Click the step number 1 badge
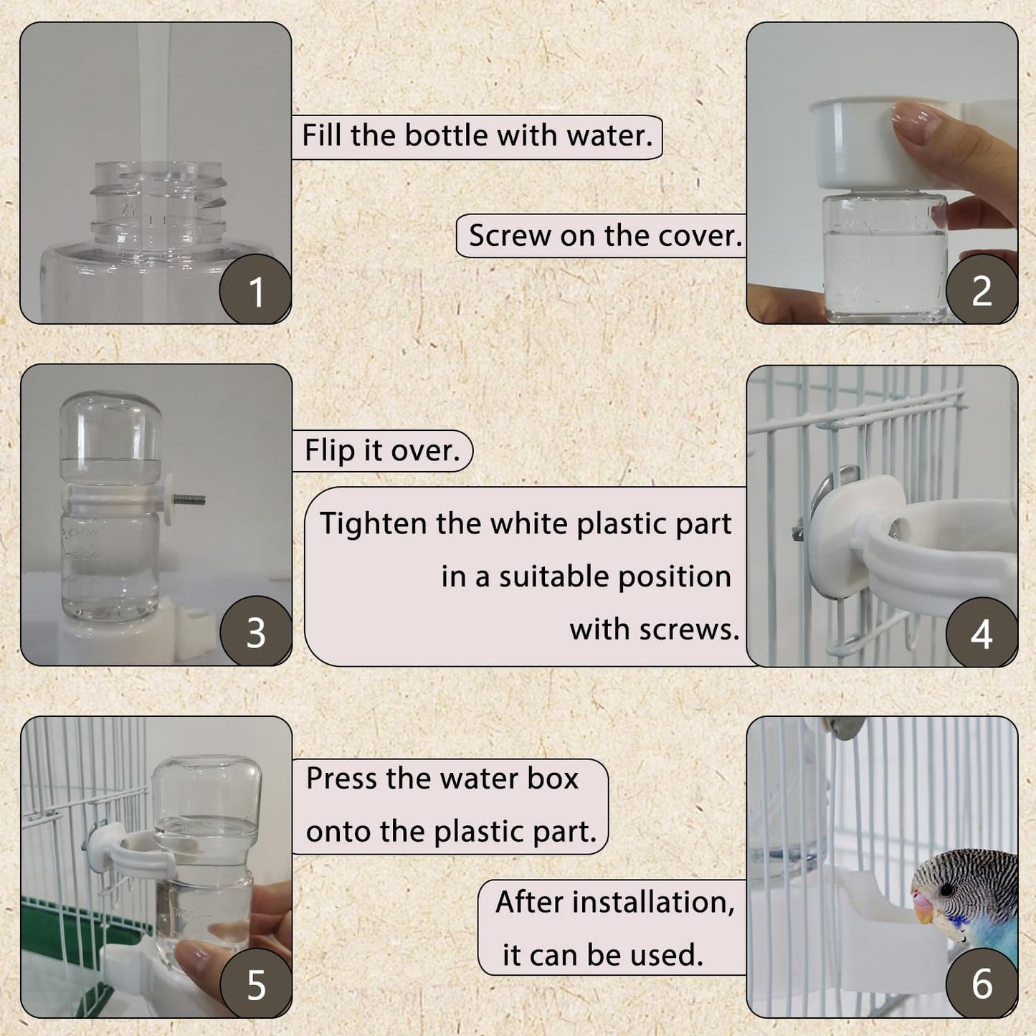coord(256,290)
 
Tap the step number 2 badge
coord(982,290)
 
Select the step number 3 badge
coord(256,632)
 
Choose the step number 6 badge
coord(982,983)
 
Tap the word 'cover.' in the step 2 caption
coord(700,236)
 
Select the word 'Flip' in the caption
coord(331,451)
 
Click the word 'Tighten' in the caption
coord(374,524)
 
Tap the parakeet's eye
coord(947,889)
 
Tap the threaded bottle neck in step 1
coord(158,204)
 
